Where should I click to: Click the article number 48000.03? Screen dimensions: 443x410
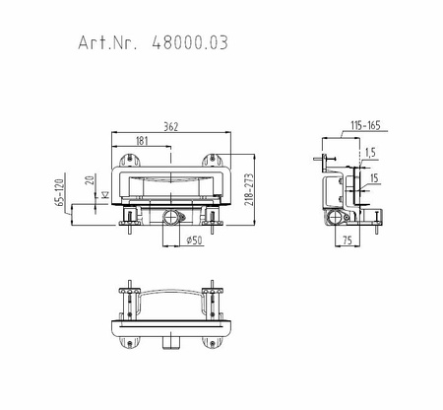tap(190, 42)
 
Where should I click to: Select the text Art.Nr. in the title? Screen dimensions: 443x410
tap(107, 42)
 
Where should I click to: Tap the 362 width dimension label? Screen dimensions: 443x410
tap(171, 127)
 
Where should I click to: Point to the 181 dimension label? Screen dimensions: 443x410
tap(142, 141)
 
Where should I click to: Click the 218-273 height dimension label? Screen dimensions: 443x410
tap(249, 189)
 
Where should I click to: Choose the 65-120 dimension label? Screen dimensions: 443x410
tap(59, 192)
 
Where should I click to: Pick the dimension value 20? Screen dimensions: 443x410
tap(90, 179)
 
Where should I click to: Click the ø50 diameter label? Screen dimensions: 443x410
tap(194, 240)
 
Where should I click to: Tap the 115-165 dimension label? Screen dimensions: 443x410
tap(365, 125)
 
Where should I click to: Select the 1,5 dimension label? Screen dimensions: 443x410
tap(370, 153)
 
